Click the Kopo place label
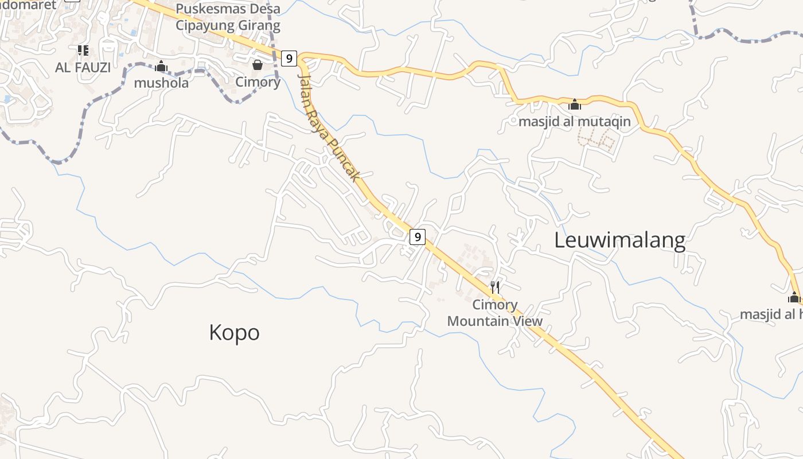pos(234,333)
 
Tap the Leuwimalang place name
pos(619,240)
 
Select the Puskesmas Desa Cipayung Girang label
pos(228,17)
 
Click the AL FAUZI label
pos(83,68)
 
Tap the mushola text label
pos(161,83)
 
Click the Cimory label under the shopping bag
pos(258,82)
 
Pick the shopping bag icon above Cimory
pos(258,65)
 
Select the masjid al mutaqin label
pos(574,122)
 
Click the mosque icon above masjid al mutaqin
pos(575,104)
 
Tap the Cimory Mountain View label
pos(494,313)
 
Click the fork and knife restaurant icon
pos(494,287)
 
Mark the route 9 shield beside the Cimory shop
pos(289,58)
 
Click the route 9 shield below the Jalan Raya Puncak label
pos(418,236)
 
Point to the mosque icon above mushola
pos(161,67)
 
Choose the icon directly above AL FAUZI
pos(83,51)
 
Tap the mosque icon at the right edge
pos(794,297)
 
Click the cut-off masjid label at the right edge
pos(771,314)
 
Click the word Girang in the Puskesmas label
pos(259,26)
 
